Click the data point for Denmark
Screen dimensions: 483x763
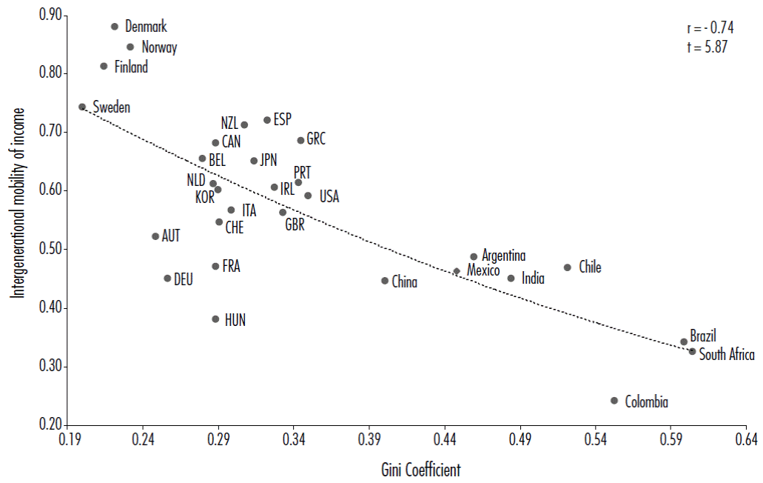coord(115,27)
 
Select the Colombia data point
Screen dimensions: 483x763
coord(614,401)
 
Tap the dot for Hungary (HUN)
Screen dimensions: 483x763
coord(215,319)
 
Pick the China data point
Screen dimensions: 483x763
coord(385,281)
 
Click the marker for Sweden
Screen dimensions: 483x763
coord(82,107)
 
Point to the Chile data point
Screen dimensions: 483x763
coord(568,267)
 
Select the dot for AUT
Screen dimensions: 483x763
coord(155,236)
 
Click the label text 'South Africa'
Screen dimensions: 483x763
coord(727,355)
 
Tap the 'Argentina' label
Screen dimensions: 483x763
coord(503,256)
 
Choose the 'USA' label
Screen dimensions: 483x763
coord(329,196)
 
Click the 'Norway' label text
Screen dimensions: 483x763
coord(159,47)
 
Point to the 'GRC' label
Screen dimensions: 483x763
coord(316,139)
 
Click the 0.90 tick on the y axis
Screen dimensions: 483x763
coord(48,16)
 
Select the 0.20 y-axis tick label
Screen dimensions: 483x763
coord(48,425)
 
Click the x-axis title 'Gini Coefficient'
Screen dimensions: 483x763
coord(421,469)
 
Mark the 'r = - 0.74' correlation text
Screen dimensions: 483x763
coord(710,29)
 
